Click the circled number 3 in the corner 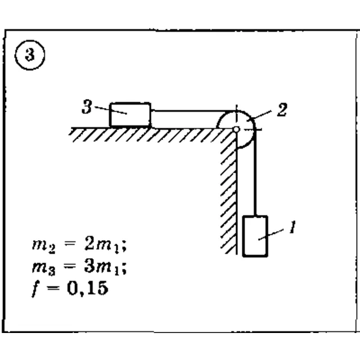[x=30, y=55]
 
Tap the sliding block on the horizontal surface [x=130, y=115]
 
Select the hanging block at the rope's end [x=255, y=236]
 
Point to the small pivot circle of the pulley [x=236, y=129]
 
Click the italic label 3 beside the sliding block [x=87, y=107]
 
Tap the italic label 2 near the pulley [x=282, y=110]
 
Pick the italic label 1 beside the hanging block [x=292, y=227]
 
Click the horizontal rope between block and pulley [x=193, y=111]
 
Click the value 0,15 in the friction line [x=88, y=289]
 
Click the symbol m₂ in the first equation [x=44, y=246]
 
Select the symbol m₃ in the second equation [x=44, y=268]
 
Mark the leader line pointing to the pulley [x=261, y=115]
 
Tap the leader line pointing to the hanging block [x=271, y=235]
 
